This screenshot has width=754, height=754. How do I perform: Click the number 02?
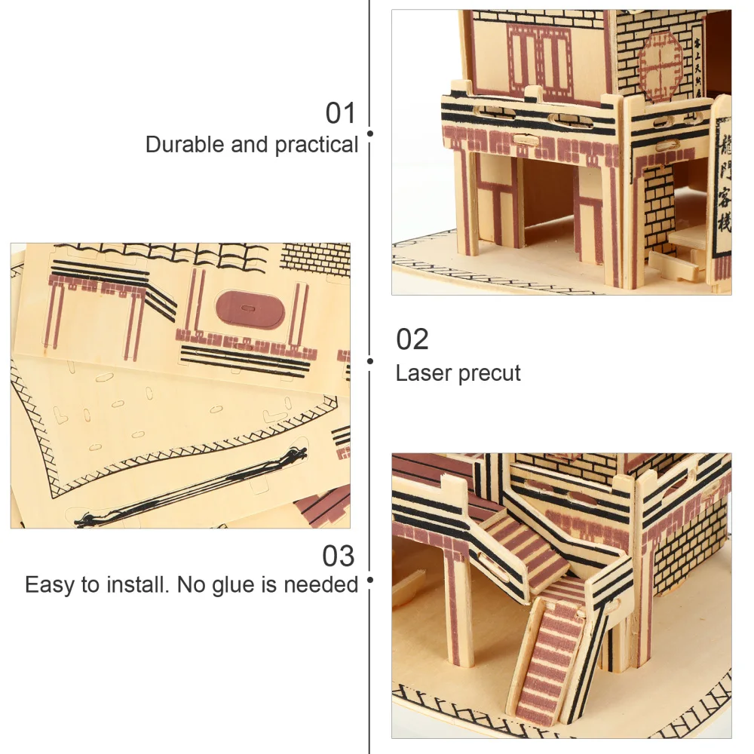[412, 339]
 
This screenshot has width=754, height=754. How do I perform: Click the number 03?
[338, 556]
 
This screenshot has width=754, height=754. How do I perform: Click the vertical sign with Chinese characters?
[720, 188]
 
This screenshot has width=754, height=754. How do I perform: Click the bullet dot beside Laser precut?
[370, 361]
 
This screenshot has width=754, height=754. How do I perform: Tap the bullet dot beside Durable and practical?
[370, 133]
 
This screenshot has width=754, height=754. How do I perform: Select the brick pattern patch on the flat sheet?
[314, 256]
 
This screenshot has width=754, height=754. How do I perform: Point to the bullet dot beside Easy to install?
[370, 580]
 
